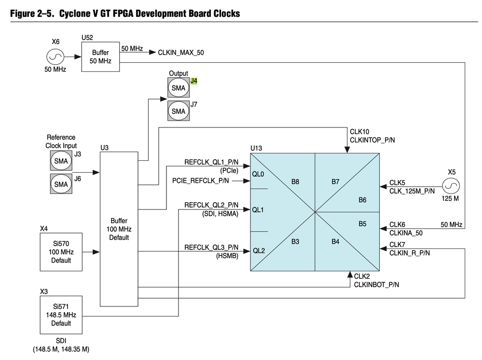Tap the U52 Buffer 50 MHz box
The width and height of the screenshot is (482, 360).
[100, 57]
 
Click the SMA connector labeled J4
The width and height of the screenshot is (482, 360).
[178, 88]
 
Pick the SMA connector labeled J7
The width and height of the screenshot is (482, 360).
[178, 111]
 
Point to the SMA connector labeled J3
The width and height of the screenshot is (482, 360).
[61, 161]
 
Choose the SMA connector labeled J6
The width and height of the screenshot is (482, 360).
[61, 184]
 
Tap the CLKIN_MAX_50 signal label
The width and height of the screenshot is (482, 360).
[181, 52]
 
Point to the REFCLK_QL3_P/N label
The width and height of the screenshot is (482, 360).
[211, 247]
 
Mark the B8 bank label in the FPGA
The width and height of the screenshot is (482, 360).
[295, 182]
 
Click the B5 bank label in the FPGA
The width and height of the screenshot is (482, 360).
[363, 224]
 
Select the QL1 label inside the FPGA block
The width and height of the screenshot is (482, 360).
[259, 209]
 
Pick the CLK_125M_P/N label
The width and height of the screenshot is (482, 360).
[412, 191]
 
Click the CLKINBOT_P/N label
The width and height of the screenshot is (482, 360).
[376, 285]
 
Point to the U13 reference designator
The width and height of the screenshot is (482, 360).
[256, 148]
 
